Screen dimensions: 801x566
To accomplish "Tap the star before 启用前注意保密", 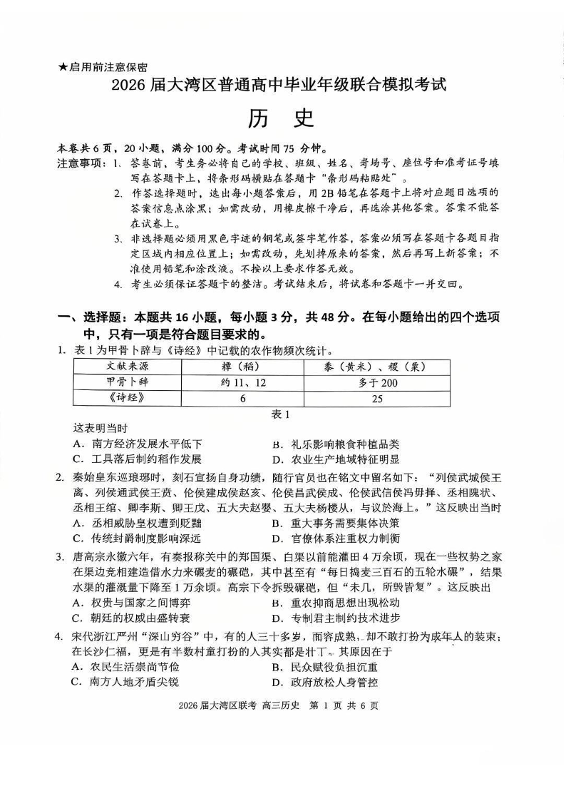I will (63, 67).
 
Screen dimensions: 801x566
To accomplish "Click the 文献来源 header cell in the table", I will (123, 366).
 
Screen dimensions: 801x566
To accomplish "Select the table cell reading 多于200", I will (377, 382).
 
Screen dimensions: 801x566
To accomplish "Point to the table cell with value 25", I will (377, 399).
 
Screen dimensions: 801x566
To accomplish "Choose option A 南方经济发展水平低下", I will (132, 444).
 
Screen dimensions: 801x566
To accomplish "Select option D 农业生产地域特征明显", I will (335, 459).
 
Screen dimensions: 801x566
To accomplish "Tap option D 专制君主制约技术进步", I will (335, 618).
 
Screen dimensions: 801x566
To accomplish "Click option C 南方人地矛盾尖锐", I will (127, 683).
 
